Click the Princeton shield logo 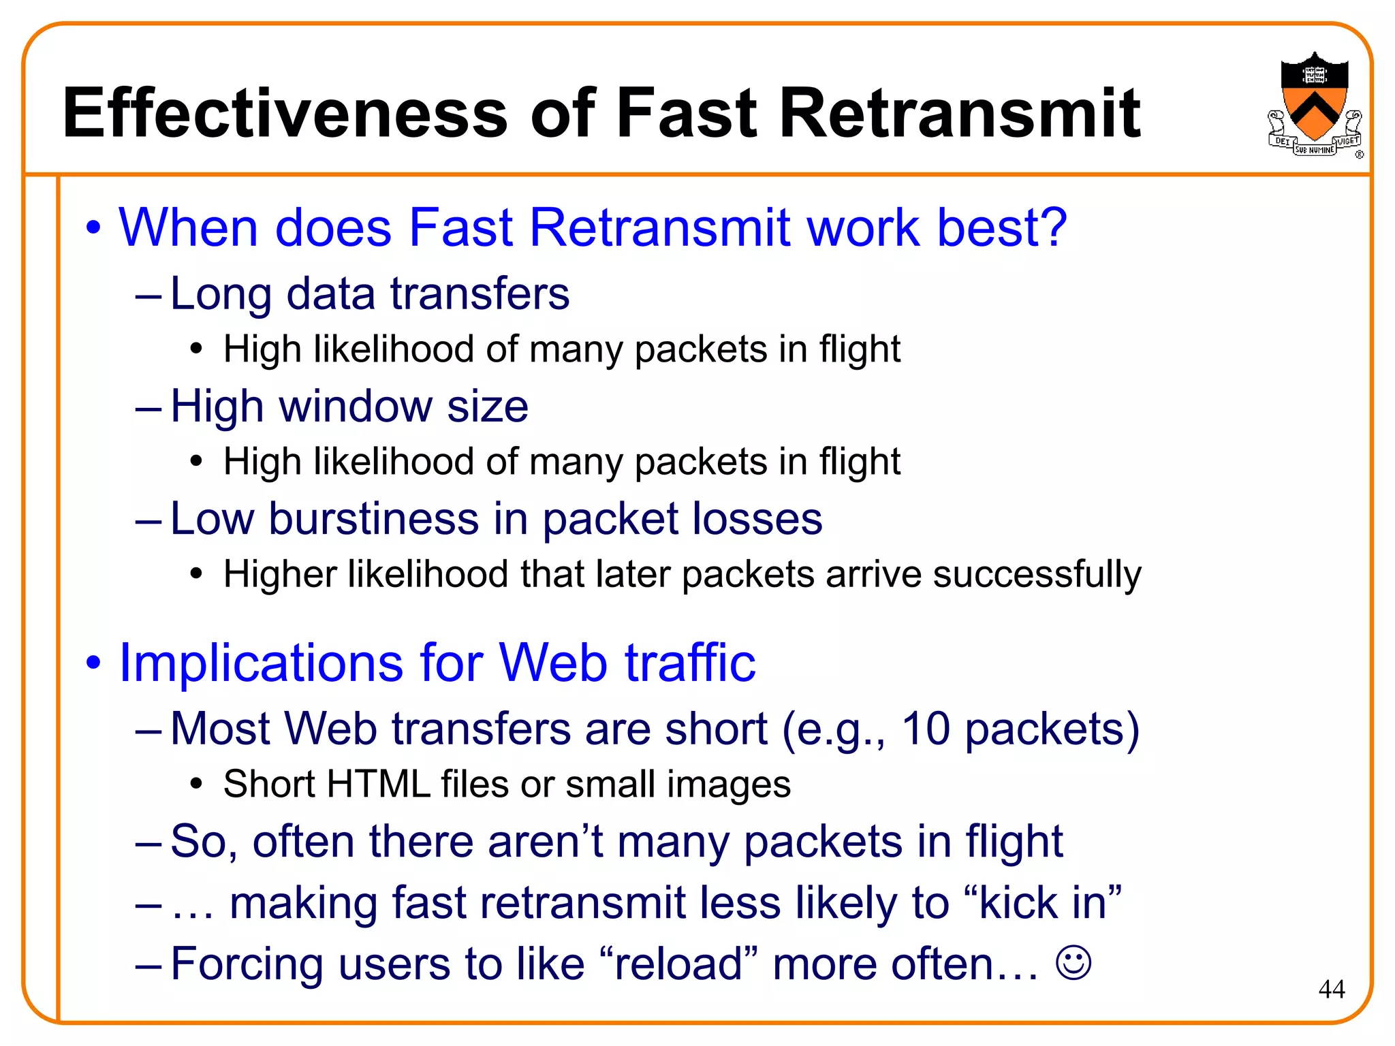point(1314,102)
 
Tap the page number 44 point(1331,989)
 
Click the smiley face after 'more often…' point(1073,963)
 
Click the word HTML point(378,784)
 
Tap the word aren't point(545,842)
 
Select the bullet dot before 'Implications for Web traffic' point(93,663)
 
